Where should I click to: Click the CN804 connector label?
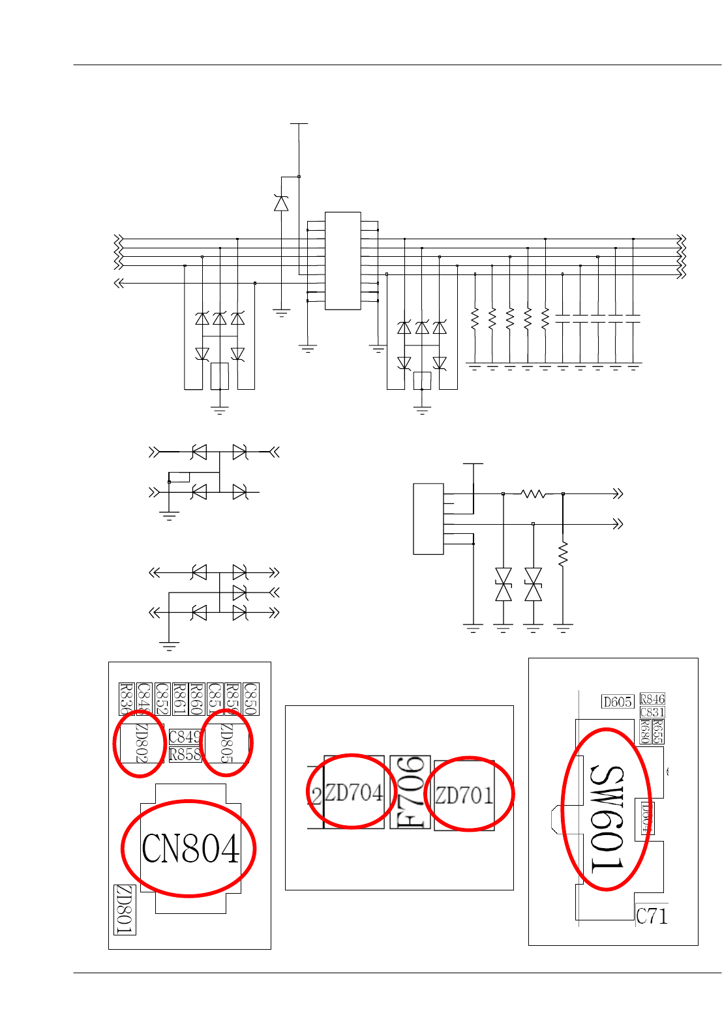(190, 849)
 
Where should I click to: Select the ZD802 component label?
(142, 742)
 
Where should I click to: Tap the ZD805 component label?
(226, 742)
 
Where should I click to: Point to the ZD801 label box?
(125, 910)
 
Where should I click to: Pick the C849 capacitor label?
(185, 737)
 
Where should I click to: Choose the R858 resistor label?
(185, 755)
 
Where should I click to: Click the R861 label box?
(180, 699)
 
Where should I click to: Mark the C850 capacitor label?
(250, 699)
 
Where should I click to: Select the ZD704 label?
(353, 793)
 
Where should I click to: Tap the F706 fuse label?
(410, 793)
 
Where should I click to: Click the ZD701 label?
(464, 795)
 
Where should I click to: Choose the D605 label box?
(618, 702)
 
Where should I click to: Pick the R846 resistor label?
(652, 699)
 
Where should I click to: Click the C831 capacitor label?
(652, 712)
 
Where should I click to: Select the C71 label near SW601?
(652, 916)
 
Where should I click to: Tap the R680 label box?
(645, 731)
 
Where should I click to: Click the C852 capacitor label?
(162, 699)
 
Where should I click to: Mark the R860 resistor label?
(197, 699)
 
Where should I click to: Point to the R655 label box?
(658, 731)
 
